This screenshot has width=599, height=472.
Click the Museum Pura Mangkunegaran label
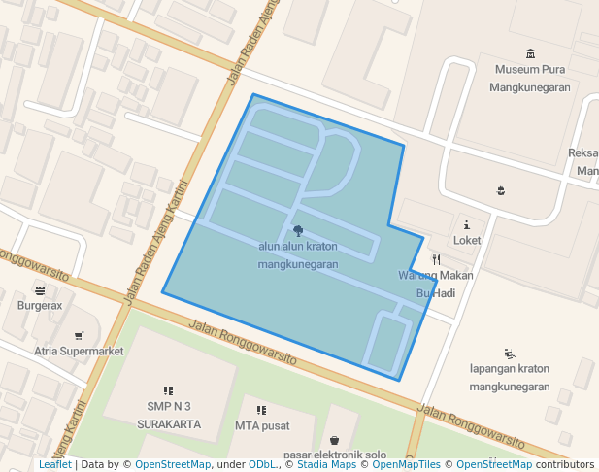coord(531,78)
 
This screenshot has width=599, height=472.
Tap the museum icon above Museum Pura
coord(530,53)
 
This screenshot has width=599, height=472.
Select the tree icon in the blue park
coord(297,230)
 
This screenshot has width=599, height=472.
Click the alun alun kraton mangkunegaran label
coord(298,254)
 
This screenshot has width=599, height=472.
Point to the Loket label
coord(467,240)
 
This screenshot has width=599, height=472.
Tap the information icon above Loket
coord(467,224)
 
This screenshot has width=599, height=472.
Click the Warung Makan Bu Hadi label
coord(436,284)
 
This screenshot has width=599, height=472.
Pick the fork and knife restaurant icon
coord(437,259)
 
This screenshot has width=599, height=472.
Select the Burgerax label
coord(40,305)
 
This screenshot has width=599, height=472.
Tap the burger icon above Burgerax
coord(40,289)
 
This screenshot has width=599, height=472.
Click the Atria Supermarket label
coord(79,351)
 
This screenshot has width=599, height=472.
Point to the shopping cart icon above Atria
coord(79,336)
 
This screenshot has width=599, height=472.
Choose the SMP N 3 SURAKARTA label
coord(168,415)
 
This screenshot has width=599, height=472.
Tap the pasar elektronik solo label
coord(335,455)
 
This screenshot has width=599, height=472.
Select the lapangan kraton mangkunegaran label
coord(510,378)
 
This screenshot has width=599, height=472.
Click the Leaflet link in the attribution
coord(55,464)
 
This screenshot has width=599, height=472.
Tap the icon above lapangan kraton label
coord(510,354)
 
